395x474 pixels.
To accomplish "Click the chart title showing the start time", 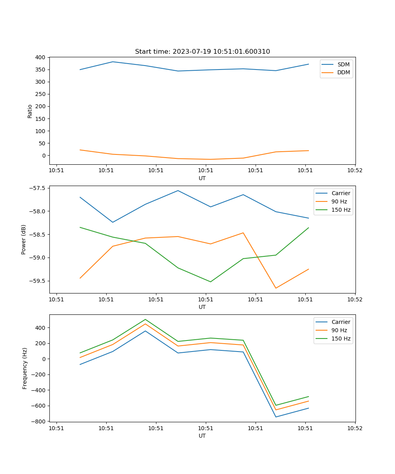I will coord(202,52).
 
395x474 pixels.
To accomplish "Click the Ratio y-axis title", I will coord(30,111).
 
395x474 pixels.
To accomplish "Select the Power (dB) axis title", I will coord(24,239).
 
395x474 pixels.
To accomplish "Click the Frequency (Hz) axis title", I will coord(24,368).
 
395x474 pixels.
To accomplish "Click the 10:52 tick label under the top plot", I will coord(355,171).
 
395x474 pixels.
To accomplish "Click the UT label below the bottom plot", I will coord(202,436).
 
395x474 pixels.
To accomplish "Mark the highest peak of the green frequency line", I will coord(145,319).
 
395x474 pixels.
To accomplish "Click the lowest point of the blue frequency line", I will coord(276,417).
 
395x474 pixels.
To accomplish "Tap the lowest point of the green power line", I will coord(211,282).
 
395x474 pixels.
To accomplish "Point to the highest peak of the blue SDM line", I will coord(113,62).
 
